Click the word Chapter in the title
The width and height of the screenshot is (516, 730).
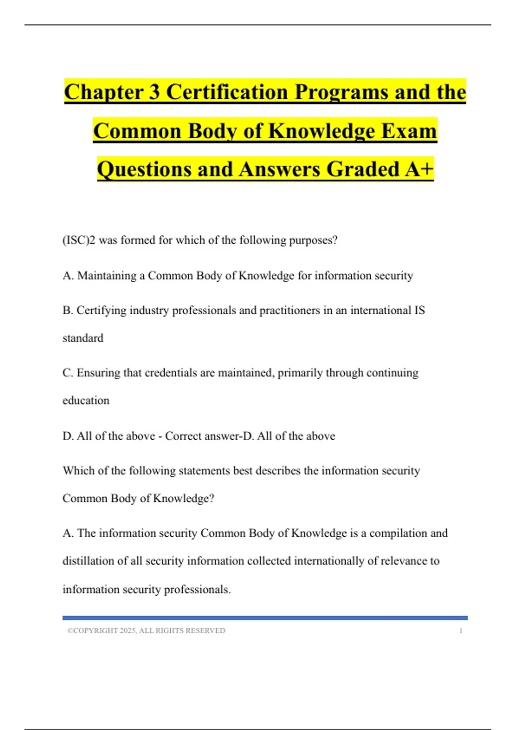(x=104, y=92)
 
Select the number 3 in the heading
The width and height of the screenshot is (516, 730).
(x=154, y=92)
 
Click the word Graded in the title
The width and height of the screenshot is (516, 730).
(x=363, y=169)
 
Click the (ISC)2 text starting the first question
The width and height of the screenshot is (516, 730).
(x=79, y=240)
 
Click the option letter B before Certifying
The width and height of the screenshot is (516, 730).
(x=67, y=310)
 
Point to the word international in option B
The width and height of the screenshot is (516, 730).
(x=381, y=310)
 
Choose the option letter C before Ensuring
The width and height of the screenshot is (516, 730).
(x=67, y=373)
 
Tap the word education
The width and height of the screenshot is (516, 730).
(x=86, y=401)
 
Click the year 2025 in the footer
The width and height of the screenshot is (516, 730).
(x=127, y=631)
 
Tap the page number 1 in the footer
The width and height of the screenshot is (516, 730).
(x=461, y=631)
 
